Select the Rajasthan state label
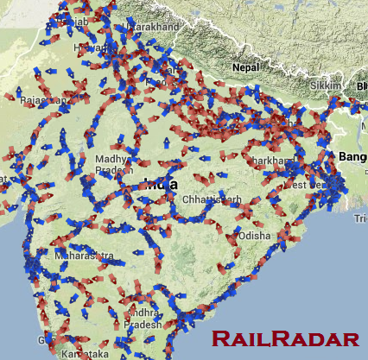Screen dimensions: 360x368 pos(43,100)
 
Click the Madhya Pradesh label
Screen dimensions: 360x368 pos(111,164)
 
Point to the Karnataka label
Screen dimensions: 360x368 pos(85,354)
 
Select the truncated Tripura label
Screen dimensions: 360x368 pos(360,220)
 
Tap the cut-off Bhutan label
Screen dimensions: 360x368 pos(361,86)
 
